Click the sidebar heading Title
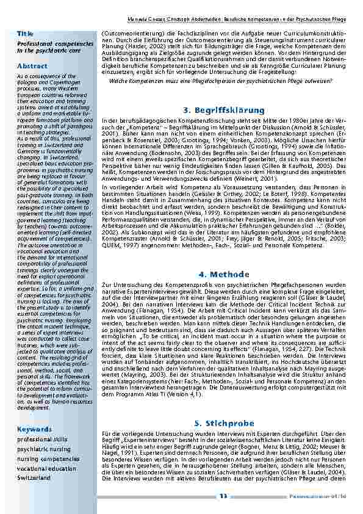click(25, 32)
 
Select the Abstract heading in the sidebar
click(29, 65)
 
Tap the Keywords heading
click(31, 429)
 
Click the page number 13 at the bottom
click(223, 496)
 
